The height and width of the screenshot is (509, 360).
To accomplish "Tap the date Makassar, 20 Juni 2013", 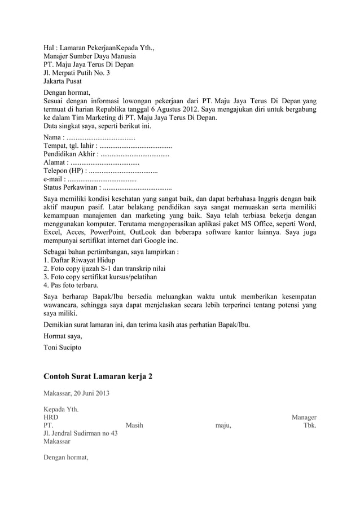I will (76, 393).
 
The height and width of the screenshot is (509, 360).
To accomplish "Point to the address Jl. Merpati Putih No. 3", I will (77, 73).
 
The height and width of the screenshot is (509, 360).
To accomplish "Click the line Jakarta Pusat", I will (63, 81).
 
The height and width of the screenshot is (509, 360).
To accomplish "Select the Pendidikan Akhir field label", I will (70, 153).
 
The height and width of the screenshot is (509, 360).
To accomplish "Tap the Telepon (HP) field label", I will (63, 170).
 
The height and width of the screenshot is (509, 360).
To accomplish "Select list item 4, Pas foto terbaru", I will (71, 285).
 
